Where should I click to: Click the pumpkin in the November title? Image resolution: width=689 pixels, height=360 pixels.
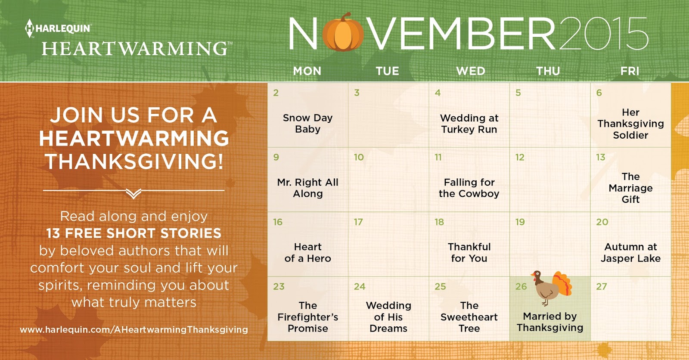coord(343,33)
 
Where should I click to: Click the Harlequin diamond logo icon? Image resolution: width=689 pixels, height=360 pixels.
coord(29,28)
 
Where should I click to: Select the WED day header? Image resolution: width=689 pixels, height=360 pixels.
coord(471,71)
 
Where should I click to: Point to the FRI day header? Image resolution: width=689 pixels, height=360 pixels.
coord(630,71)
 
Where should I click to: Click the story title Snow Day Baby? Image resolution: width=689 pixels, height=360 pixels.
coord(307,124)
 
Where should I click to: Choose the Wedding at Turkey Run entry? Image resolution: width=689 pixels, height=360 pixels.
coord(469,124)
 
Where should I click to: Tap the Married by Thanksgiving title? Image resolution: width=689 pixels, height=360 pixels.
coord(550,322)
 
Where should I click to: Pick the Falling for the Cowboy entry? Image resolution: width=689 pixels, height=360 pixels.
coord(469,188)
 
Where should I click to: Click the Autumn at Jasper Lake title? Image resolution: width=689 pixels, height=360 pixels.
coord(630,253)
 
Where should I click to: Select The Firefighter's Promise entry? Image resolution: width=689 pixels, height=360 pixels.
coord(307,317)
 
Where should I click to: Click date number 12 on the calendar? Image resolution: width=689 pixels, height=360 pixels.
coord(520,158)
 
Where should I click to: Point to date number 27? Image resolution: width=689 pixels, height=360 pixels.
coord(602,287)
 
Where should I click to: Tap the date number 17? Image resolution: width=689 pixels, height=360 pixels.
coord(358,222)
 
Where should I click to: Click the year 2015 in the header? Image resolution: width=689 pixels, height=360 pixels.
coord(603,34)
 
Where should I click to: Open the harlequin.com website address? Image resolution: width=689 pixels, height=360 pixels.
coord(134,330)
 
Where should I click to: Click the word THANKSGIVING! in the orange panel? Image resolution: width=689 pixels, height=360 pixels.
coord(134,161)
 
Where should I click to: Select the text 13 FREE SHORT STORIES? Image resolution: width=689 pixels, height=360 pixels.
coord(134,233)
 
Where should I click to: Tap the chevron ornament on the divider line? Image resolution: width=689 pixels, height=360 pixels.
coord(134,193)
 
